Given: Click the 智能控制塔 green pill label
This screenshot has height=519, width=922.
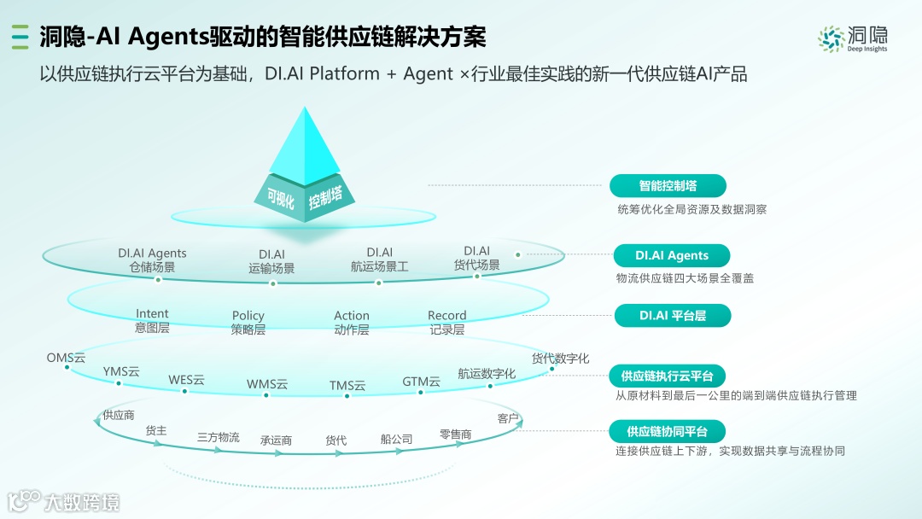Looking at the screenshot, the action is [x=668, y=185].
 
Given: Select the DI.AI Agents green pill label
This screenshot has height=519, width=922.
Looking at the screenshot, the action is [x=672, y=255].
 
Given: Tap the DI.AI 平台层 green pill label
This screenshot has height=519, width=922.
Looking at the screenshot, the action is [x=673, y=316].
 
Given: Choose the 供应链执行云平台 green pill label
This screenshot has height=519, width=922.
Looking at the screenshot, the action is [x=668, y=376].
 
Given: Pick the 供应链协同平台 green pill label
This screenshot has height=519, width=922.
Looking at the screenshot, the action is [x=668, y=431].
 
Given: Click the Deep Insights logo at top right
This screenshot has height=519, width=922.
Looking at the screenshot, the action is [x=853, y=38].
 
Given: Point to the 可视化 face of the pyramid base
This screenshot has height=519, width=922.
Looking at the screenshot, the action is [x=281, y=201].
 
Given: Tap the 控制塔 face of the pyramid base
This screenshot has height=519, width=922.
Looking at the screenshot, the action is [x=325, y=200].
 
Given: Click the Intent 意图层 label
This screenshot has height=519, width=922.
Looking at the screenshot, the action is [x=152, y=321].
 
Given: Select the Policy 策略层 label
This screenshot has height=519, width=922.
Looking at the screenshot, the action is [x=248, y=322].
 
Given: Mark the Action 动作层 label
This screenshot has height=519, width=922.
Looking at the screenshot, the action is [x=352, y=322].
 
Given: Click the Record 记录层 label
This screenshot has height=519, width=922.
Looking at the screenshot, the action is [x=447, y=322].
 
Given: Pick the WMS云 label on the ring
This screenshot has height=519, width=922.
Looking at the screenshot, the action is [x=267, y=385].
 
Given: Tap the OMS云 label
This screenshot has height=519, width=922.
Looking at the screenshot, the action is [x=66, y=359].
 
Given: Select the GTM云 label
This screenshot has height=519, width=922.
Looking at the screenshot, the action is [x=422, y=382].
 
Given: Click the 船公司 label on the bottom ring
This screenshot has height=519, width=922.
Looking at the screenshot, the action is [x=397, y=440].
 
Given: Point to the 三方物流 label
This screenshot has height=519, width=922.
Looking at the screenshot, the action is [x=219, y=437].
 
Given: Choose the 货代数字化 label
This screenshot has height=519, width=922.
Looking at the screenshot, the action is [x=560, y=359].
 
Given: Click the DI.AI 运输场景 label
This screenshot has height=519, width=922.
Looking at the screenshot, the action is [x=271, y=261].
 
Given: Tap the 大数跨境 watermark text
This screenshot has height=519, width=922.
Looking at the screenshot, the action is [x=82, y=502].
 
